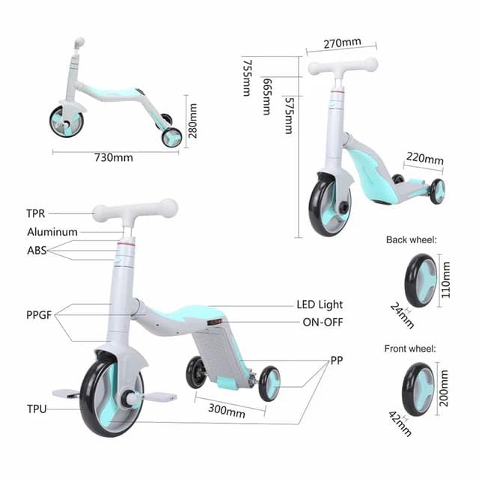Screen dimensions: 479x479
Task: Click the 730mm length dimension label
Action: (x=113, y=157)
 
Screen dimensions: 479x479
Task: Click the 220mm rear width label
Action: (x=424, y=159)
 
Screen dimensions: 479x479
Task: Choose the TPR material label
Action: (x=35, y=213)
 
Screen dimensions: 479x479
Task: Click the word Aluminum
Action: (x=52, y=232)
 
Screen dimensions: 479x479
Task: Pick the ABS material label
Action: (x=37, y=251)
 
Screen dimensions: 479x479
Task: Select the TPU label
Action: (x=36, y=409)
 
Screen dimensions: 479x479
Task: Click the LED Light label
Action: (x=320, y=305)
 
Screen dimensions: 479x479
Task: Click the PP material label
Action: (x=338, y=360)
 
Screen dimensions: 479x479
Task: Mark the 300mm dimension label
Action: (x=226, y=411)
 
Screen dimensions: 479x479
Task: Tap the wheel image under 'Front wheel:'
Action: (x=418, y=388)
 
